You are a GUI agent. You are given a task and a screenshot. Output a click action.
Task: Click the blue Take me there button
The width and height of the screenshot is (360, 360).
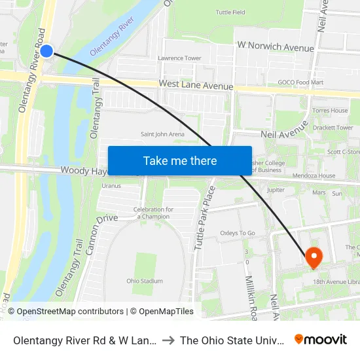(180, 160)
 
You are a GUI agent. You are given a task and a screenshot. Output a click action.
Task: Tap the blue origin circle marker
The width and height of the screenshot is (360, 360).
(46, 50)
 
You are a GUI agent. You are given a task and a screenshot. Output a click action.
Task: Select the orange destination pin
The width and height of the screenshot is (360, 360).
(313, 257)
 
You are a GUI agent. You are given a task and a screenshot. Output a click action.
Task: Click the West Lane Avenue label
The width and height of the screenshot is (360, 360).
(196, 86)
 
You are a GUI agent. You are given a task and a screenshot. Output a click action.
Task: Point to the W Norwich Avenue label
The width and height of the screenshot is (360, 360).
(276, 47)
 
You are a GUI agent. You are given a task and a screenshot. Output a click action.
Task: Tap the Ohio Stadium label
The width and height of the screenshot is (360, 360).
(145, 281)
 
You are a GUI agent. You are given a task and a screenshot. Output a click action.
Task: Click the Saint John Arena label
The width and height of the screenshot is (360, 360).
(162, 134)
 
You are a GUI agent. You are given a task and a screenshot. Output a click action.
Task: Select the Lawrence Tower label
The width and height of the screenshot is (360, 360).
(179, 58)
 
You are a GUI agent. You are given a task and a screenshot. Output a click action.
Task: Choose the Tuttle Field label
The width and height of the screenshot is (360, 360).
(230, 12)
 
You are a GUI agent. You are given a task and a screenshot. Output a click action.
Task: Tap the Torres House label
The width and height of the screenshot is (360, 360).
(330, 111)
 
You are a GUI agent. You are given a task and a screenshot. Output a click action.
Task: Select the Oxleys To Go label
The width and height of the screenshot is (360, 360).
(238, 233)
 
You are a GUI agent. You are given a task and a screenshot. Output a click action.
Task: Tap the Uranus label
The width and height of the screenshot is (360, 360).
(111, 185)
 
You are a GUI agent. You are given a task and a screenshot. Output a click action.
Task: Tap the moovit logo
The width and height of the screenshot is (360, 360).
(321, 339)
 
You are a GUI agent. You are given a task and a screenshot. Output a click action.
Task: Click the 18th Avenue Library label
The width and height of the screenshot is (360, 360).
(336, 281)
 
